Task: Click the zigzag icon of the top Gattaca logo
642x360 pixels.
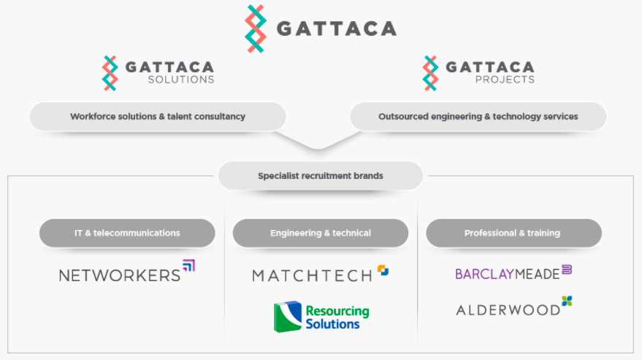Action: (256, 28)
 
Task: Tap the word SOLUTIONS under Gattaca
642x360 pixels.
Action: (181, 80)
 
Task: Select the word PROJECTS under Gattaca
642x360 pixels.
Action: (505, 80)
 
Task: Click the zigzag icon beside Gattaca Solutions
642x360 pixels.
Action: (110, 73)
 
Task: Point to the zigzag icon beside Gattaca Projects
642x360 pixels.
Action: (430, 73)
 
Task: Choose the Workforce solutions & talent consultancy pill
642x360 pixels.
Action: (158, 117)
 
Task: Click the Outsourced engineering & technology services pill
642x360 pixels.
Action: (478, 117)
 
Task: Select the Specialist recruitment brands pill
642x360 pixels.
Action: (321, 176)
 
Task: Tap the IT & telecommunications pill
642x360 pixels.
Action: (127, 233)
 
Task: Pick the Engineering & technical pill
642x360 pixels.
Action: (321, 233)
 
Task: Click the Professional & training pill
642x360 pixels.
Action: (514, 233)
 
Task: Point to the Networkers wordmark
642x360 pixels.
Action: (120, 275)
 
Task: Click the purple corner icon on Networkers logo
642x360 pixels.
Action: (188, 265)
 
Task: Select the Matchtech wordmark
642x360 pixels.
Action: (312, 275)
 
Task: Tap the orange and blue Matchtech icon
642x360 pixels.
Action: (383, 270)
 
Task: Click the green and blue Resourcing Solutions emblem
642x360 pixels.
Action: (288, 317)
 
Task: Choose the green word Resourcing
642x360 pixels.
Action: (337, 312)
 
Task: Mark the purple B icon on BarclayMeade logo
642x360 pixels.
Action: (567, 269)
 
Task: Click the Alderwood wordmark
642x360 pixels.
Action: (508, 310)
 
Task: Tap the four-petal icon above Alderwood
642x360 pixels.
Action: (567, 301)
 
